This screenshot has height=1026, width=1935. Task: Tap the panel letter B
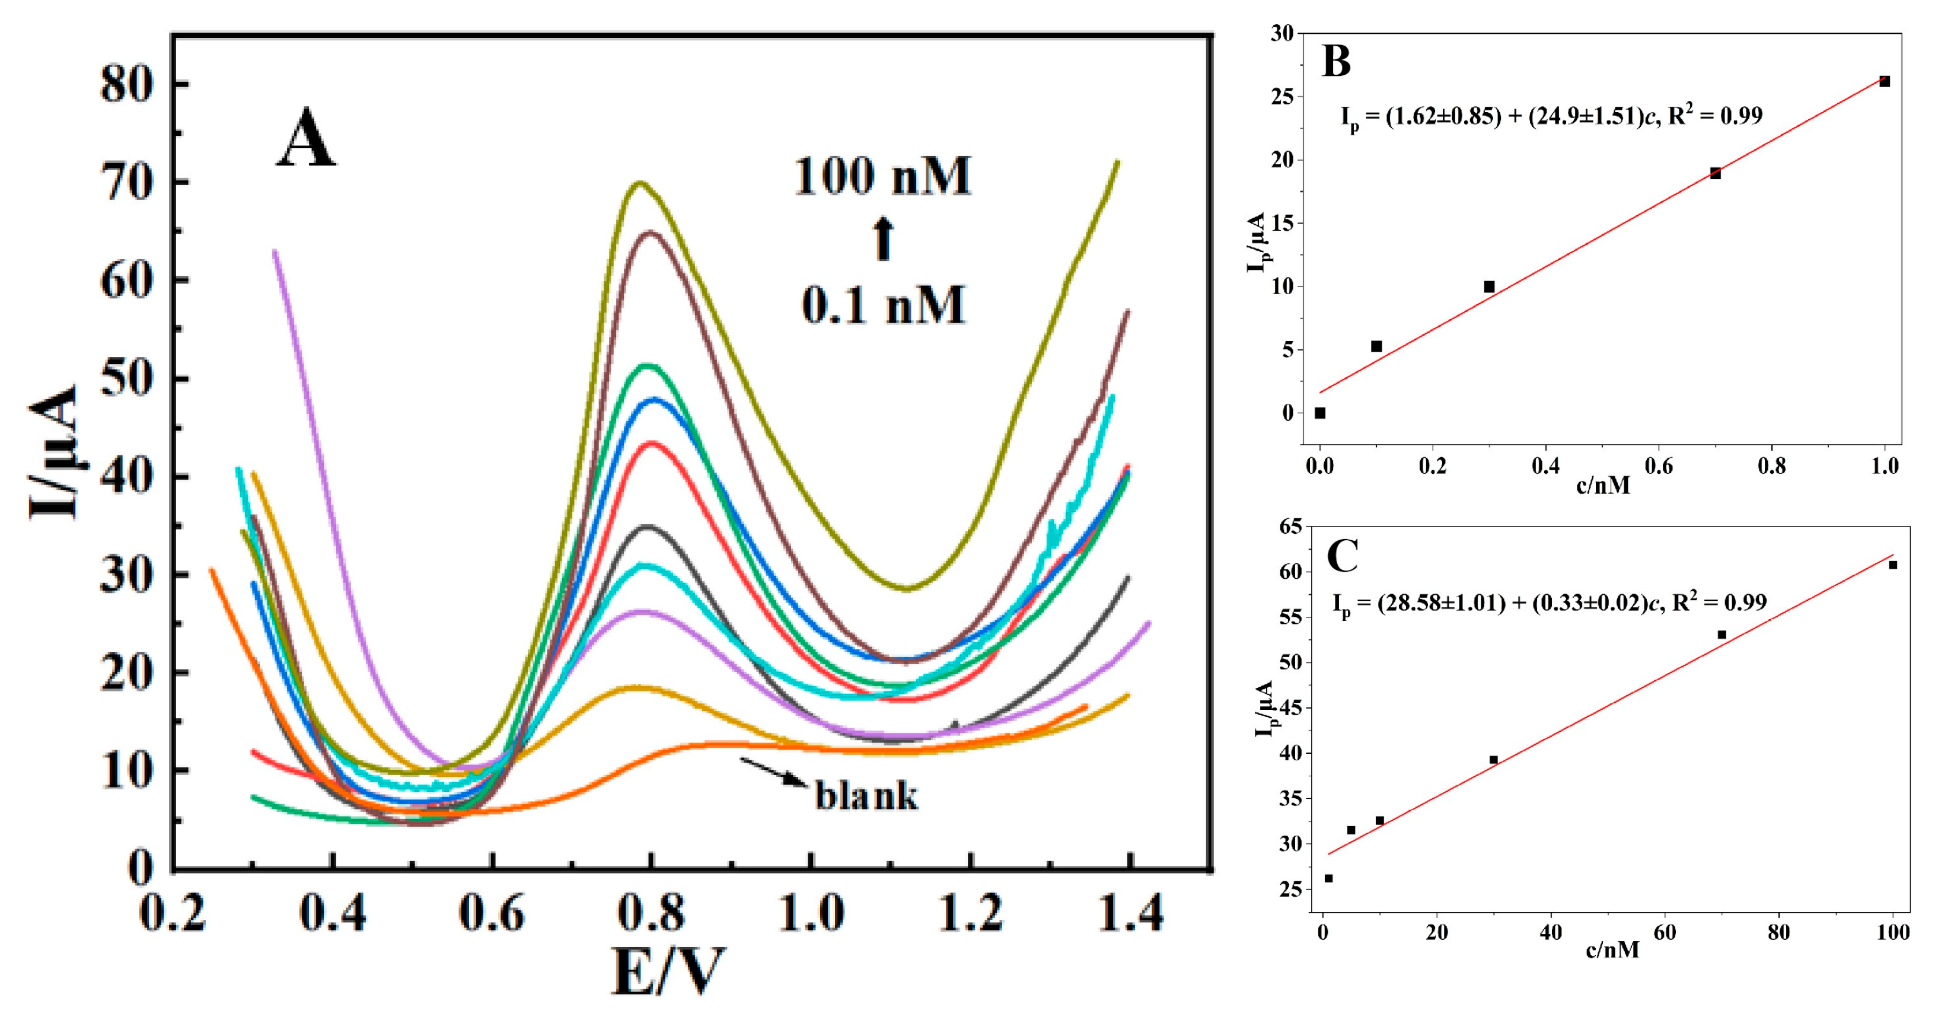1336,62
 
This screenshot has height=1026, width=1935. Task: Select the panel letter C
1343,556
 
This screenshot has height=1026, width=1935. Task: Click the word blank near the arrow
866,795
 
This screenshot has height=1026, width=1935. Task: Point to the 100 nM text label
882,178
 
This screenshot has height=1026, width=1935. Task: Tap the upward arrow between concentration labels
884,239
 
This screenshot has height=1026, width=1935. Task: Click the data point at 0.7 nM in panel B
1716,174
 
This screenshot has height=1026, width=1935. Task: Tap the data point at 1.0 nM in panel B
1885,82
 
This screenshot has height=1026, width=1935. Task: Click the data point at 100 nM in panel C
1893,565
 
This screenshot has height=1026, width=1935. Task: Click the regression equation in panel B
1551,116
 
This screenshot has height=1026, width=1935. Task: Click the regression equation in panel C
1549,603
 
